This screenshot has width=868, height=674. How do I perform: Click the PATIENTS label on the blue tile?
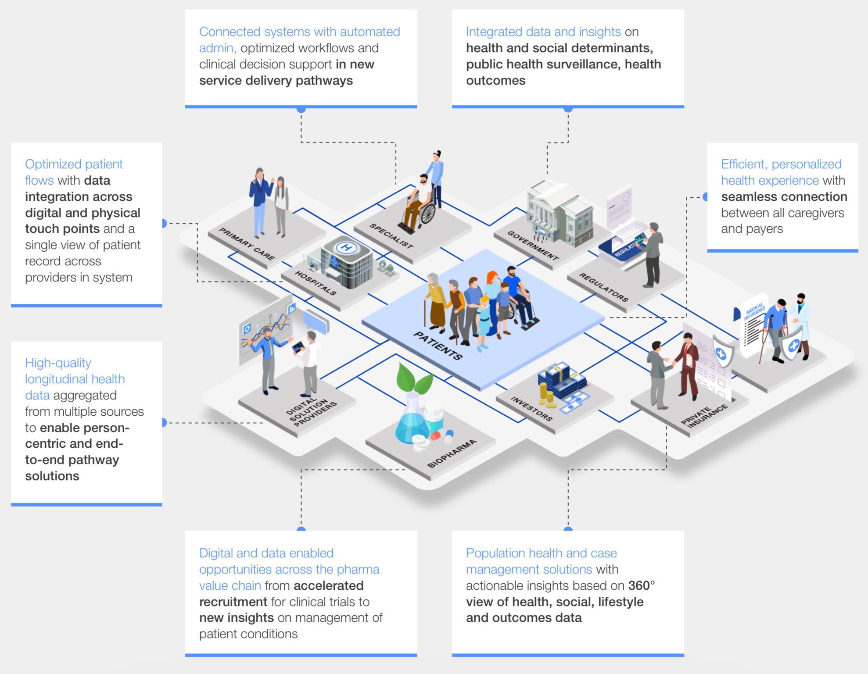[438, 346]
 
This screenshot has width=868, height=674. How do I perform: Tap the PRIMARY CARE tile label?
[247, 244]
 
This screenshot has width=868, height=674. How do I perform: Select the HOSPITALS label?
[316, 283]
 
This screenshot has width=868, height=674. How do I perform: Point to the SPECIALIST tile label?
[391, 236]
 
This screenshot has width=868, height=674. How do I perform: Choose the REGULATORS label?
[603, 287]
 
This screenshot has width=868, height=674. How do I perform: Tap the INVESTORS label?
[531, 409]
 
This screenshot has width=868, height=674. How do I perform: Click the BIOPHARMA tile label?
[452, 453]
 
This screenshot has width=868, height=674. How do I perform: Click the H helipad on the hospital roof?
[346, 248]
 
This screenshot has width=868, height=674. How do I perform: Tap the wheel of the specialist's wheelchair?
[428, 214]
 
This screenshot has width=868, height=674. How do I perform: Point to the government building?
[560, 213]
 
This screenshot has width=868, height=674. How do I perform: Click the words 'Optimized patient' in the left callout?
[74, 164]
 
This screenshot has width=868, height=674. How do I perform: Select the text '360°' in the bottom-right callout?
[641, 586]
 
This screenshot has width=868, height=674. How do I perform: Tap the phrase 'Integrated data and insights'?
[543, 32]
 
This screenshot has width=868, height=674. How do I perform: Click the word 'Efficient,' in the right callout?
[744, 164]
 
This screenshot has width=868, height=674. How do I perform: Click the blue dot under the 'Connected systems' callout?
[301, 109]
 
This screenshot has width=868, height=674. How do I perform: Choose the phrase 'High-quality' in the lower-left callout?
[58, 363]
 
